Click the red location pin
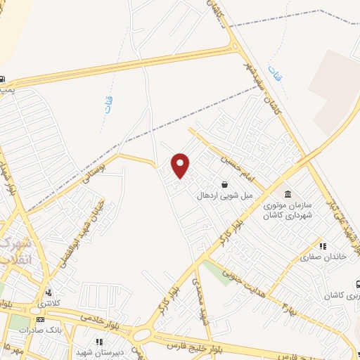click(181, 165)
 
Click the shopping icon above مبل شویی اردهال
click(224, 185)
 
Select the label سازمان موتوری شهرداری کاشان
click(286, 210)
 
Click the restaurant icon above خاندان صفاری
click(323, 247)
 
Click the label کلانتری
click(49, 303)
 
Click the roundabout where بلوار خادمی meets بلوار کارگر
click(142, 335)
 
